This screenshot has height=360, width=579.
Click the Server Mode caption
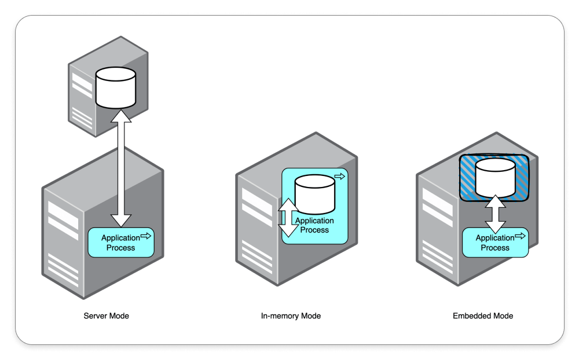pos(107,316)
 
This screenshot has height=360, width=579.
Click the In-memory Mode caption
pos(291,316)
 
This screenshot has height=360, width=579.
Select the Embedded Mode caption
pos(483,316)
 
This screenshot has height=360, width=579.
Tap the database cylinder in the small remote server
pos(115,87)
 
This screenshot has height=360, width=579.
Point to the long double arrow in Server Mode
pos(121,168)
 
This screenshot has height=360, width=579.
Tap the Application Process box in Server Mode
pos(121,243)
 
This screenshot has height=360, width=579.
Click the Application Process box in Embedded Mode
pos(495,243)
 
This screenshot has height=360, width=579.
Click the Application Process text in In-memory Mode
pos(314,225)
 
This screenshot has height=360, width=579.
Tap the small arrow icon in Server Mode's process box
pos(146,236)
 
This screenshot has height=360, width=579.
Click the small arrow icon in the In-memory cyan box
pos(340,176)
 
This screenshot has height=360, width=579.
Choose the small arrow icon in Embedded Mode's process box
pos(520,236)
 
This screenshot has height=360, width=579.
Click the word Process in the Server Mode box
pos(121,248)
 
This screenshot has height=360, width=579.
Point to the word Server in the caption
pos(95,316)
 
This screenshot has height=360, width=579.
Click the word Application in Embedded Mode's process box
pos(495,238)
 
